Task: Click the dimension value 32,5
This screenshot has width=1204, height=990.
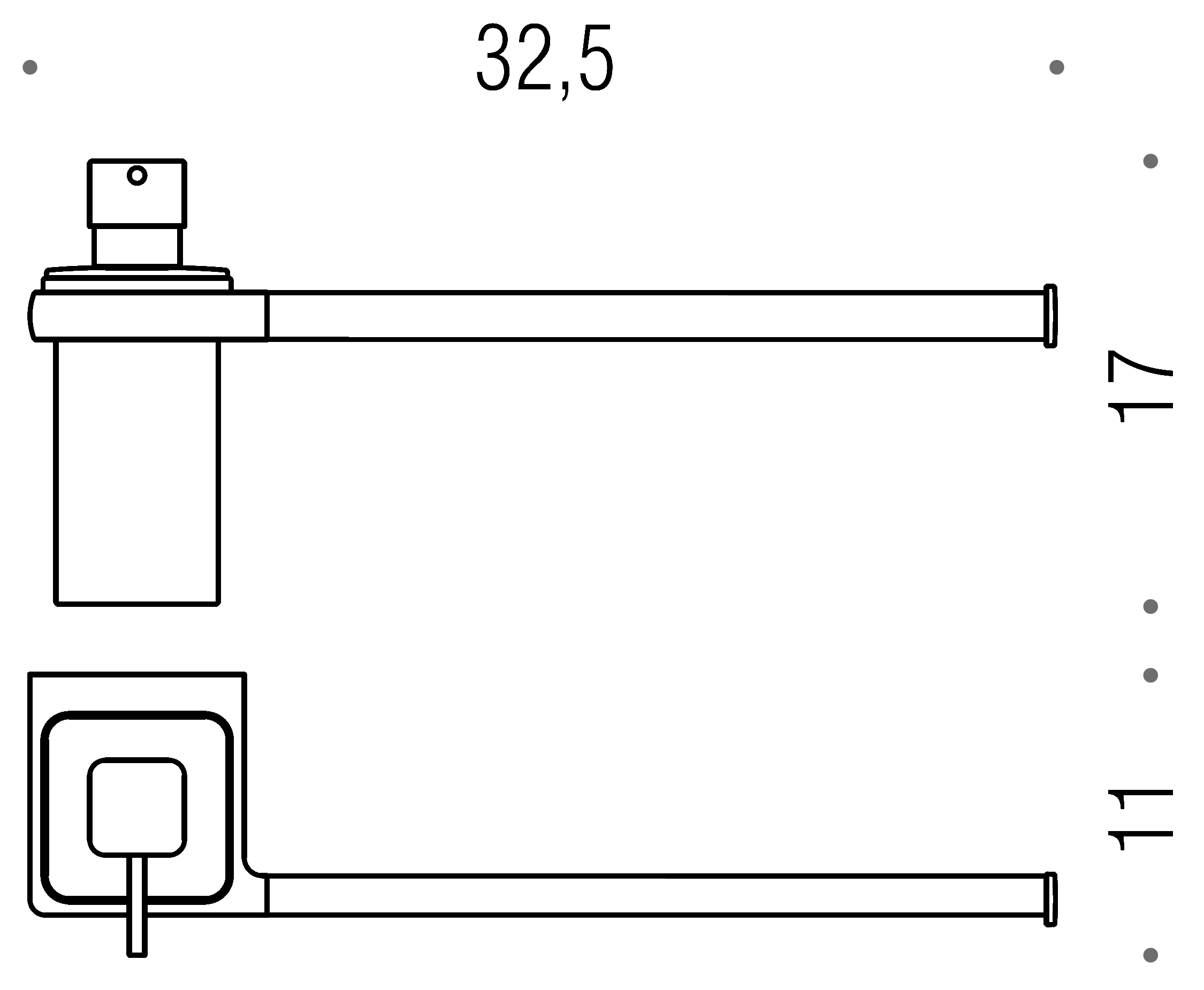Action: (545, 59)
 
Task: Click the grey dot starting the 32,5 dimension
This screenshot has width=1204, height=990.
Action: (29, 67)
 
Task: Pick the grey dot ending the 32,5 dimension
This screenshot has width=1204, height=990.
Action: (1056, 67)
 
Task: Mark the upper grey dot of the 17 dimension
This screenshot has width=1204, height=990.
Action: (1150, 162)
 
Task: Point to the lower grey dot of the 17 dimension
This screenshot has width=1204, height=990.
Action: (1150, 606)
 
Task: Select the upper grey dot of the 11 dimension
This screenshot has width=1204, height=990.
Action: (1150, 675)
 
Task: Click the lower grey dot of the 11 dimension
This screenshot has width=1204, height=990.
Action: (1150, 955)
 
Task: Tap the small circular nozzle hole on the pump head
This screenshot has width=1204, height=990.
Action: (137, 175)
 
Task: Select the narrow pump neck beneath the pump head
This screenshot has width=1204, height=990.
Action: (137, 246)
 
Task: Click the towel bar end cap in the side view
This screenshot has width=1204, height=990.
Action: (1050, 315)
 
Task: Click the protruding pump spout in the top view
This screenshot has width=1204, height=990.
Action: (137, 912)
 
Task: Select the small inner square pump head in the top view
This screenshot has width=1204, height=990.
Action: (137, 807)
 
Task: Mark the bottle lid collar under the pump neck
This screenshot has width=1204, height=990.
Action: (137, 279)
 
